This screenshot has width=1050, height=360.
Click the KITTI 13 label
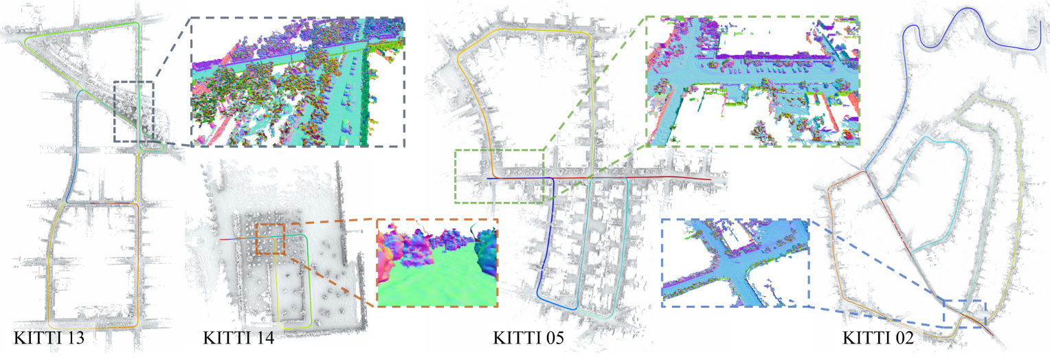point(49,338)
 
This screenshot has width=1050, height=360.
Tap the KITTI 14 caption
point(238,338)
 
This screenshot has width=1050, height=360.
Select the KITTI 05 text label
point(528,338)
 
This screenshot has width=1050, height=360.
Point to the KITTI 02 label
point(878,338)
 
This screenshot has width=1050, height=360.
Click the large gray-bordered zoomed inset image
point(298,82)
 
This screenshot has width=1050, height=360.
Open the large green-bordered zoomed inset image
point(752,81)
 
